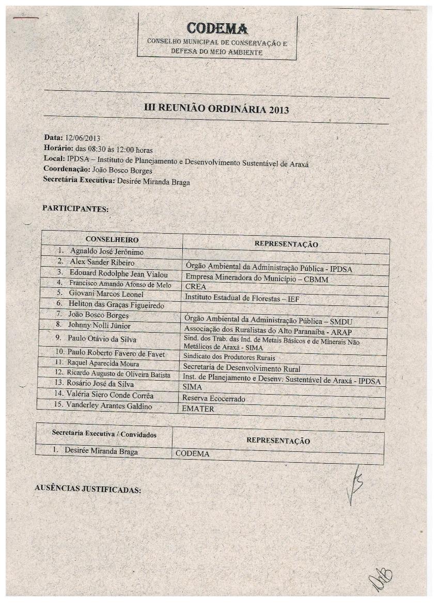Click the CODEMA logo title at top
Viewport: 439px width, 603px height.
tap(217, 28)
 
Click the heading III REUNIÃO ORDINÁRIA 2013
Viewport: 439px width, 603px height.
tap(216, 109)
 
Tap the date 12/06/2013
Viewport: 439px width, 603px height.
tap(82, 138)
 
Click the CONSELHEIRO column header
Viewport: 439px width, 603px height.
tap(112, 239)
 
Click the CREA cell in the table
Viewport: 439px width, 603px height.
tap(195, 287)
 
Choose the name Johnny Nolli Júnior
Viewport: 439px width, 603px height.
tap(100, 325)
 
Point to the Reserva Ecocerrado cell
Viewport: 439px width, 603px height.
tap(213, 398)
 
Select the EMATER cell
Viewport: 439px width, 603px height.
tap(198, 409)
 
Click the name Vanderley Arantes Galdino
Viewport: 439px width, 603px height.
tap(109, 406)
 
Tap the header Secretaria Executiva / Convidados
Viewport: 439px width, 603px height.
tap(104, 434)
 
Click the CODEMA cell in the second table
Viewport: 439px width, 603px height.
tap(192, 454)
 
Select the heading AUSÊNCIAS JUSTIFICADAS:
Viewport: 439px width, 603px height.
tap(87, 490)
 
